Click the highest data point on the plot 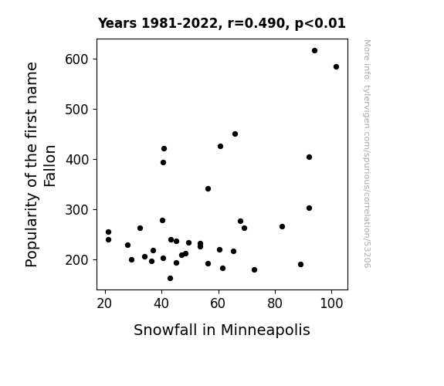click(x=314, y=51)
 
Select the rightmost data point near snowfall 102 click(x=336, y=67)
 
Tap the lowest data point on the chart click(x=170, y=279)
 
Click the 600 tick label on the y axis click(x=76, y=59)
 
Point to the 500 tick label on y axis click(x=76, y=110)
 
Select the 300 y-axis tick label click(x=76, y=210)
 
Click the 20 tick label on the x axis click(x=104, y=303)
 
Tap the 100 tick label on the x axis click(x=331, y=303)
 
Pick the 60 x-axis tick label click(x=218, y=303)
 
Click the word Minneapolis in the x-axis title click(x=266, y=330)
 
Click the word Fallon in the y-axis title click(x=50, y=166)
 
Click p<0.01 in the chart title click(x=320, y=23)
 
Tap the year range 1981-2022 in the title click(x=179, y=23)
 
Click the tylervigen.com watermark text click(x=367, y=154)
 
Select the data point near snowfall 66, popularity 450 click(x=235, y=134)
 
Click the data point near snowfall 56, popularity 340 click(x=208, y=189)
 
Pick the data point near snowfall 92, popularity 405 click(x=309, y=157)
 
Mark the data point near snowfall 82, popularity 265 click(x=282, y=226)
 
